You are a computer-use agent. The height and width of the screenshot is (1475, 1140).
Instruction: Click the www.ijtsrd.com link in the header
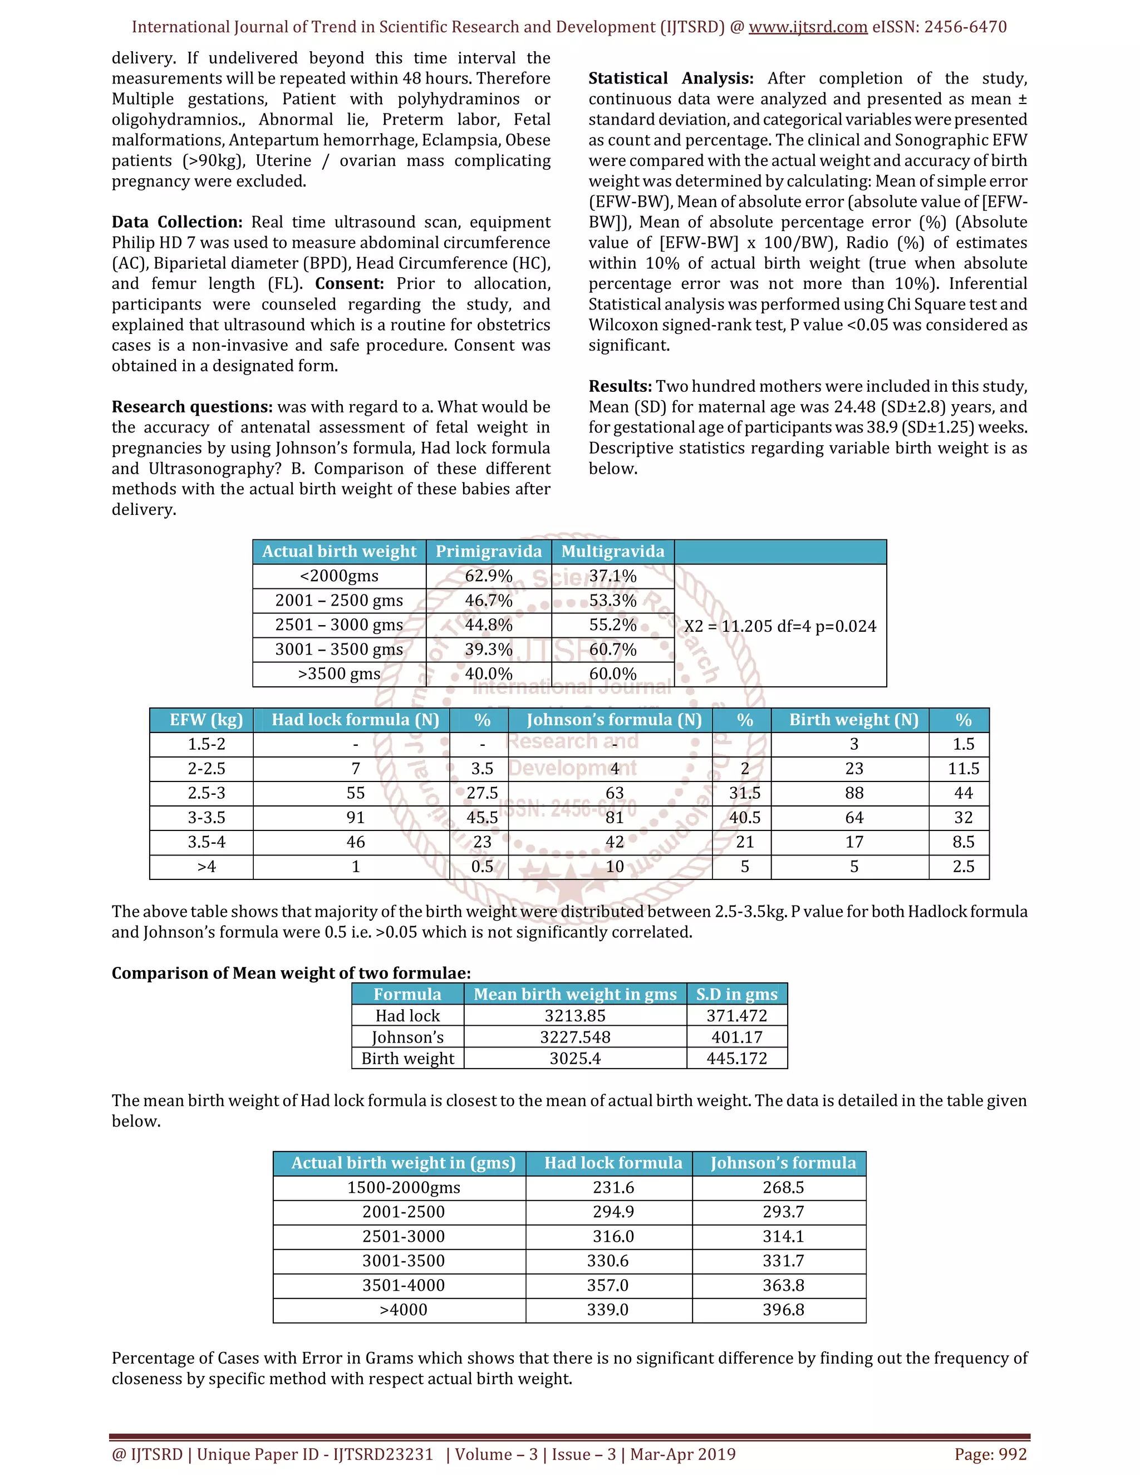coord(808,27)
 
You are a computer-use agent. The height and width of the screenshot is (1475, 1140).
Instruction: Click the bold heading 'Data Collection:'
coord(176,222)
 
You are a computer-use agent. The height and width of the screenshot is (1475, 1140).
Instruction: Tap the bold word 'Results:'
coord(620,386)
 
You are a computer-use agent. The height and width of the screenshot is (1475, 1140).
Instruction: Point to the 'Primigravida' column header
coord(488,552)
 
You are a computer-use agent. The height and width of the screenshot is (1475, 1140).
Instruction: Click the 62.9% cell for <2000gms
coord(488,576)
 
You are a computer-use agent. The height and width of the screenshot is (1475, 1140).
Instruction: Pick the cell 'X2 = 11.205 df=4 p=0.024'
coord(779,626)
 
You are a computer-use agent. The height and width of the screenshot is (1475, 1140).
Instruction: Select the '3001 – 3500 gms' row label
coord(339,650)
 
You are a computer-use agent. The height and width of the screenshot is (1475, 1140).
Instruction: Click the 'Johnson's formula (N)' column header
coord(613,720)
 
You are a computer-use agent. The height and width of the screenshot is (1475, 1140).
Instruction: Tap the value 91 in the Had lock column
coord(355,818)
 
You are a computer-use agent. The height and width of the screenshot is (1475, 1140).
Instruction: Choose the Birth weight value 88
coord(854,793)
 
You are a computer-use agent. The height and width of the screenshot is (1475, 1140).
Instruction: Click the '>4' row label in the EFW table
coord(206,867)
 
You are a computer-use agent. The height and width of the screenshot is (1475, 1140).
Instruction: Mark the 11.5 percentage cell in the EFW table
coord(963,769)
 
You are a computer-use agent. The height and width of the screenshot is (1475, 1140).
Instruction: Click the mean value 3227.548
coord(574,1038)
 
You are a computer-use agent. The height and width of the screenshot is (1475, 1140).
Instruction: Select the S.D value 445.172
coord(736,1058)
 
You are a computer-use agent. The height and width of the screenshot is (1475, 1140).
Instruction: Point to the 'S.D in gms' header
coord(736,994)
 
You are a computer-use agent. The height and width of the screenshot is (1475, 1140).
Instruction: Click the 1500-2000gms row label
coord(403,1188)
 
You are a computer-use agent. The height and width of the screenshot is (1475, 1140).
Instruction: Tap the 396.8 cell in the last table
coord(783,1310)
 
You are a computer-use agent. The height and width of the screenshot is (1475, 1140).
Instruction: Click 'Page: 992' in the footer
coord(990,1454)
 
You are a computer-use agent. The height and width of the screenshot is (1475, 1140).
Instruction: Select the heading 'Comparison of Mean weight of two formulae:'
coord(291,973)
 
